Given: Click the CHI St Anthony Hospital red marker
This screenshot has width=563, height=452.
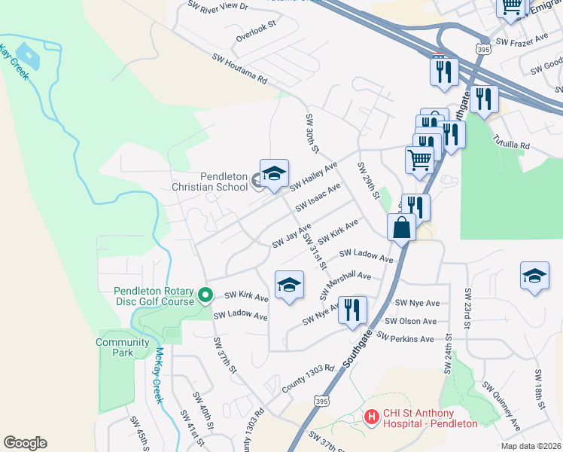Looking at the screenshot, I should [370, 416].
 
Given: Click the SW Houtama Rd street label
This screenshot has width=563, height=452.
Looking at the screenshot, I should [239, 68].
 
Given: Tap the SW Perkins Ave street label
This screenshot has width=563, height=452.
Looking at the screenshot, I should [406, 337].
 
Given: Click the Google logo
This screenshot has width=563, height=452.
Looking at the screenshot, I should [25, 443].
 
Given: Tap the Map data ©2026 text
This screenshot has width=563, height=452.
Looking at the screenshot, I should [530, 446].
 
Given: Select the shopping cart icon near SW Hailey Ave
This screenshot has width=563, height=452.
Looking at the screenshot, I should [419, 159].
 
